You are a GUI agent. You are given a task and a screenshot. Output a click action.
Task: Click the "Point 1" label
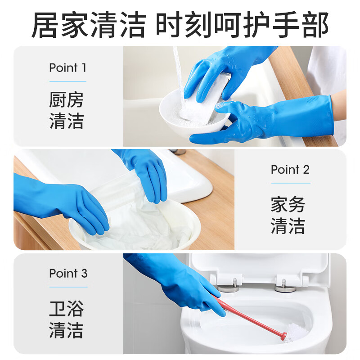tap(68, 68)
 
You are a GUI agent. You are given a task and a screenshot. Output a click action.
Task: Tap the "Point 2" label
tap(290, 170)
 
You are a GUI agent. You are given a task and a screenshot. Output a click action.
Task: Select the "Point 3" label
tap(68, 273)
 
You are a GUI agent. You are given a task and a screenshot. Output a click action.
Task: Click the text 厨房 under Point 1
tap(66, 99)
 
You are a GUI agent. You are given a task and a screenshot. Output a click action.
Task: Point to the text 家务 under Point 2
tap(288, 204)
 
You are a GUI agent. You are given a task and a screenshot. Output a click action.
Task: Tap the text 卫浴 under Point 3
tap(66, 309)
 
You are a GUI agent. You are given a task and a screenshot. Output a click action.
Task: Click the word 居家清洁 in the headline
tap(89, 25)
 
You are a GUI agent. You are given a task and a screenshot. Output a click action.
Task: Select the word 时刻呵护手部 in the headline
tap(243, 25)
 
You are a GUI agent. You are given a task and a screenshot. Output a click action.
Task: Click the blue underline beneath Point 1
tap(68, 81)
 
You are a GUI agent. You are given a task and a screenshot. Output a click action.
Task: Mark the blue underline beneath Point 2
tap(291, 183)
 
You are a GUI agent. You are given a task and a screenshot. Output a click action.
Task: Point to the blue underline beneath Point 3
tap(68, 287)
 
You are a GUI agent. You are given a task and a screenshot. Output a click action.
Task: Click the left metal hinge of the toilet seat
tap(229, 285)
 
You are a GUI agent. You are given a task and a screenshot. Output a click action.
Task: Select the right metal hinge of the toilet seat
tap(285, 285)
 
